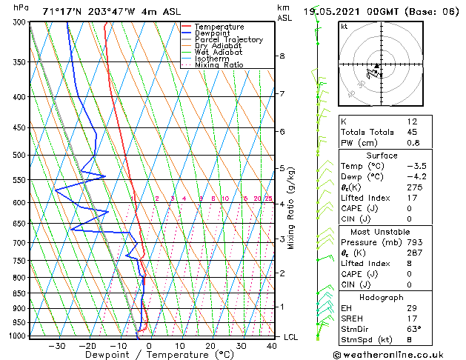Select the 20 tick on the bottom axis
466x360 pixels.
point(210,346)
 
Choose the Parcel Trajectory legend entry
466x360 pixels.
point(228,40)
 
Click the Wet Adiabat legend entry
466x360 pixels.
point(218,53)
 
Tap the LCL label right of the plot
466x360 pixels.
point(291,337)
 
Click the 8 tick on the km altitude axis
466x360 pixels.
point(282,56)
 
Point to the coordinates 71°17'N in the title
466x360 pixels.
point(66,11)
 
